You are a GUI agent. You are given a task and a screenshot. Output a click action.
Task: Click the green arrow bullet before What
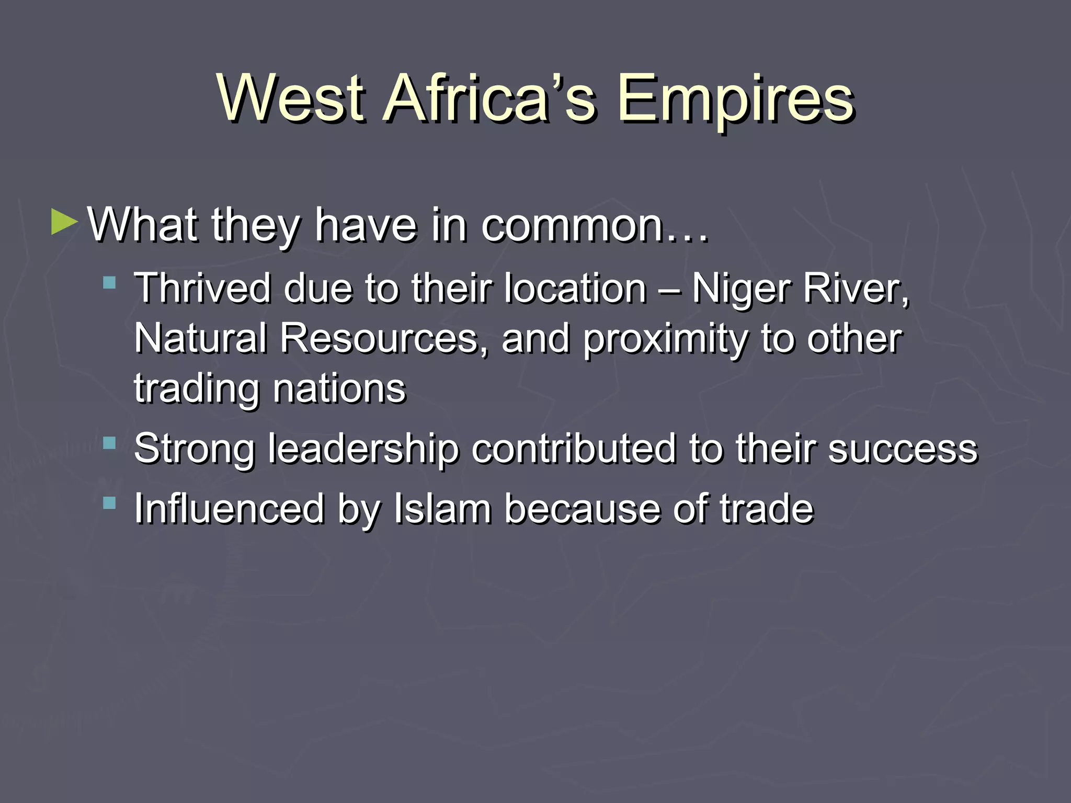tap(64, 222)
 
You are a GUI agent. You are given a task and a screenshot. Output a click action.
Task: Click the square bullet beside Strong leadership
tap(109, 443)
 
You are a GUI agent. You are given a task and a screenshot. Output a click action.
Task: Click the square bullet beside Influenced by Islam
tap(109, 503)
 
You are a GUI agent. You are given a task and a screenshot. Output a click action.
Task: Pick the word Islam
tap(442, 509)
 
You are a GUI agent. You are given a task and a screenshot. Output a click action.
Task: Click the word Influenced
tap(229, 509)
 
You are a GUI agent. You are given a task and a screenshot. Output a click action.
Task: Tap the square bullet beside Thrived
tap(109, 283)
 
